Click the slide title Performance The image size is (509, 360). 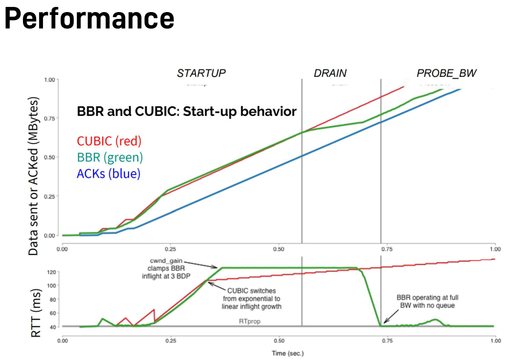[x=89, y=18]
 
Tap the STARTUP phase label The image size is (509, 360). [x=201, y=73]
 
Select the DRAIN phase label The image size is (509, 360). [x=330, y=73]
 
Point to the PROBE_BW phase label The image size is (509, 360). [x=446, y=73]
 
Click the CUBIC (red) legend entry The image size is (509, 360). [x=109, y=141]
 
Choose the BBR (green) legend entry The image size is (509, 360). [x=110, y=157]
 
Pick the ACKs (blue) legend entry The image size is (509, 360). [x=108, y=173]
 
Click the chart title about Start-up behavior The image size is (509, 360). [x=186, y=111]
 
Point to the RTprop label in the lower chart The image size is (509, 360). [x=250, y=323]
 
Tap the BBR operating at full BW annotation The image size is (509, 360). [x=428, y=303]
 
